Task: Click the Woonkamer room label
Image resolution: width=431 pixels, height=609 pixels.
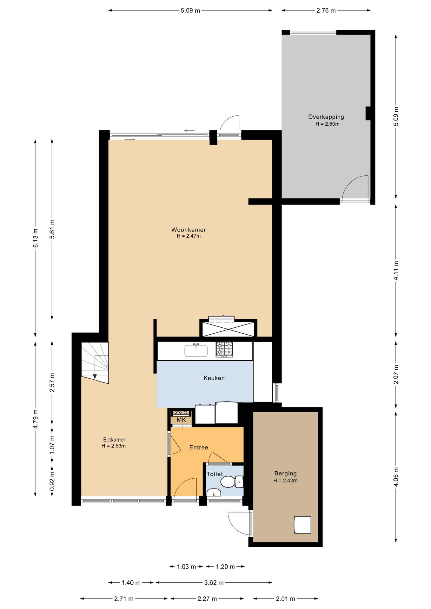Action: point(189,230)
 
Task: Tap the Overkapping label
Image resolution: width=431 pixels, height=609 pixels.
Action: point(326,117)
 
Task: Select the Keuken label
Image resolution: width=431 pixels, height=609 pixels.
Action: point(214,378)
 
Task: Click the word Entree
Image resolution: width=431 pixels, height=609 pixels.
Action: point(199,448)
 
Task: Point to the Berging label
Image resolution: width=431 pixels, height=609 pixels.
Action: point(285,474)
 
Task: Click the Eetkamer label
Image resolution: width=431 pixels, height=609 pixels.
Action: point(114,440)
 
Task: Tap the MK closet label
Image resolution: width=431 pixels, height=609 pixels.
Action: point(181,420)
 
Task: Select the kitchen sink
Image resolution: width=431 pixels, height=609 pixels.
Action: point(196,351)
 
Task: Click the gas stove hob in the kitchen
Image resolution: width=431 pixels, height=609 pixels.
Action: point(224,349)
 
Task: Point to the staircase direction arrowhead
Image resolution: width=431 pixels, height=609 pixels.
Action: point(95,377)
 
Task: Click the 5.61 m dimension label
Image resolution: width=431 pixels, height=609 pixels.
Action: point(52,229)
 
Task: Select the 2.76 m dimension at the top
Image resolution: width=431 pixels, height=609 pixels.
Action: point(326,10)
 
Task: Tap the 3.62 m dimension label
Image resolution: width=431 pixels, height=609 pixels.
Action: point(214,583)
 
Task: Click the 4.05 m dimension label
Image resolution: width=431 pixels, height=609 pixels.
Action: point(396,477)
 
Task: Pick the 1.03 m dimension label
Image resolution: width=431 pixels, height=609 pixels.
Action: point(186,566)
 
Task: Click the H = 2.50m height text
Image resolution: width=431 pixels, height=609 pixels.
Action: point(327,124)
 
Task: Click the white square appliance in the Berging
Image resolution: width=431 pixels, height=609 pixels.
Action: point(302,525)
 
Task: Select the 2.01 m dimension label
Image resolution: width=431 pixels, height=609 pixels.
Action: point(285,599)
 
